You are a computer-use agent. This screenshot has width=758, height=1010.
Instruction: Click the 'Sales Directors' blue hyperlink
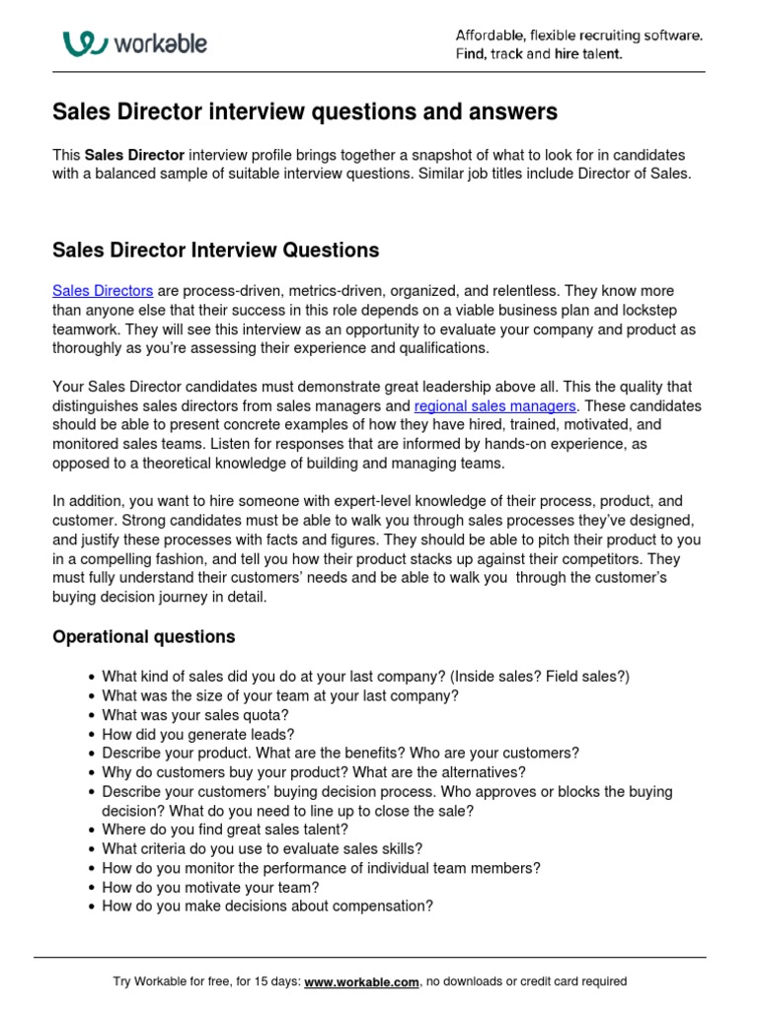103,291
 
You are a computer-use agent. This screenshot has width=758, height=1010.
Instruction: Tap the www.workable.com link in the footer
362,981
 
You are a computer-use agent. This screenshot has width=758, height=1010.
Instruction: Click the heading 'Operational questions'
143,636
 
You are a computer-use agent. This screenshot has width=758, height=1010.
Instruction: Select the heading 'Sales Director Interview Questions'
215,251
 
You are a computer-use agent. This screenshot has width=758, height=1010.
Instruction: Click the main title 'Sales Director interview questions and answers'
304,112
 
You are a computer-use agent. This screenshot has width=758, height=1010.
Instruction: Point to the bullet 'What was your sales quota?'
194,714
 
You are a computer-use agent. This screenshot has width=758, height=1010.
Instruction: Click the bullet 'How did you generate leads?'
198,734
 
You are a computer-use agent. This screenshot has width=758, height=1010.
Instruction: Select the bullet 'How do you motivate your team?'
210,887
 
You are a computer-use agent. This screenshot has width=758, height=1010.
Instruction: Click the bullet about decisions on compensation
267,906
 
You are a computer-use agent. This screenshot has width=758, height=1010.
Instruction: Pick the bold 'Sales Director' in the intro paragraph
134,156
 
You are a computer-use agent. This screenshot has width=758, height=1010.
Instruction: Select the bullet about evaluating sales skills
263,848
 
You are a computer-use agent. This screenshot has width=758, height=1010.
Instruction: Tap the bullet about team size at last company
280,695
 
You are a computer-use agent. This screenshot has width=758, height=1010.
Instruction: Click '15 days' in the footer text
276,981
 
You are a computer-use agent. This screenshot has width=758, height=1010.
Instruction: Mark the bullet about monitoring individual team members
321,868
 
